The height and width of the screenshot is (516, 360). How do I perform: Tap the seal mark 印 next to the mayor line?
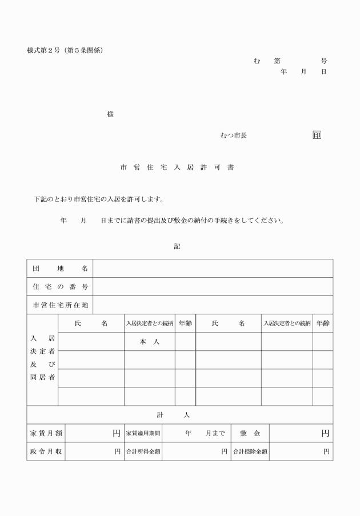coord(317,135)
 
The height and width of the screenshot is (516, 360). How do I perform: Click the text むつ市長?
coord(233,135)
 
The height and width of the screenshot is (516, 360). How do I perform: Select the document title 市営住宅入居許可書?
coord(177,168)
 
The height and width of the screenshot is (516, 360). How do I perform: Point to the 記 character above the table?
coord(177,246)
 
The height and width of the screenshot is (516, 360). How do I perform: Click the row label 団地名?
coord(59,268)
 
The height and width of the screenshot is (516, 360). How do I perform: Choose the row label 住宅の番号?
coord(59,286)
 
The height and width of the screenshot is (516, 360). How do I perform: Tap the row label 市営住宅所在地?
coord(59,305)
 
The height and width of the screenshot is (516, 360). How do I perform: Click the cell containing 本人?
coord(149,341)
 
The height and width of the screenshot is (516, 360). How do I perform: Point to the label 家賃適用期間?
coord(143,434)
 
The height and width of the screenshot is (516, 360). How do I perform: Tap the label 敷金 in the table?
coord(250,434)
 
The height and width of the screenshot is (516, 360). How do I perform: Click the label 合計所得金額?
coord(143,451)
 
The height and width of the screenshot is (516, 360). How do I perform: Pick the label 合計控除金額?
coord(250,451)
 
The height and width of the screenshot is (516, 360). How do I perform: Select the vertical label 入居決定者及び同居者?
coord(42,359)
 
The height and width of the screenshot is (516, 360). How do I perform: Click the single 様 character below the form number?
coord(110,114)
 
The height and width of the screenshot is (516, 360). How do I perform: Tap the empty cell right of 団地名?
coord(213,268)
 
